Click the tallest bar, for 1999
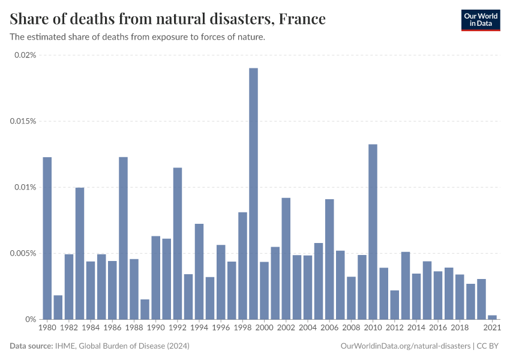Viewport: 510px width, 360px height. pyautogui.click(x=253, y=193)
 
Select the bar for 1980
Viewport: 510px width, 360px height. pyautogui.click(x=47, y=238)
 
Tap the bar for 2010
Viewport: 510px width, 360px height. pyautogui.click(x=373, y=232)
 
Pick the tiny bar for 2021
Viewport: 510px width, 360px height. pyautogui.click(x=492, y=317)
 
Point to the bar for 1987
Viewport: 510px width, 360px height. pyautogui.click(x=123, y=238)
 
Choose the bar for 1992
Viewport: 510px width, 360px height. pyautogui.click(x=178, y=243)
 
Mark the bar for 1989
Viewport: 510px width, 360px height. pyautogui.click(x=145, y=309)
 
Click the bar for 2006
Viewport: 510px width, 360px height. pyautogui.click(x=329, y=259)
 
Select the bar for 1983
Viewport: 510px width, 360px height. pyautogui.click(x=80, y=253)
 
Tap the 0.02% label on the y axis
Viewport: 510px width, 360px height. pyautogui.click(x=25, y=55)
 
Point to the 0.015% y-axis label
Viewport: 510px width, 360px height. pyautogui.click(x=23, y=121)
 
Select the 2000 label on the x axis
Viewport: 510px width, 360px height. pyautogui.click(x=264, y=328)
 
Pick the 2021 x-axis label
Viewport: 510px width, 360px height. pyautogui.click(x=492, y=328)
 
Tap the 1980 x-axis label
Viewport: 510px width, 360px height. pyautogui.click(x=47, y=328)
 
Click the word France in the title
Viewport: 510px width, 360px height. pyautogui.click(x=302, y=19)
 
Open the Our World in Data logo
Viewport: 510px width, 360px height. pyautogui.click(x=480, y=20)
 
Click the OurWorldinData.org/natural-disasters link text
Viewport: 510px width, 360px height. pyautogui.click(x=405, y=346)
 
